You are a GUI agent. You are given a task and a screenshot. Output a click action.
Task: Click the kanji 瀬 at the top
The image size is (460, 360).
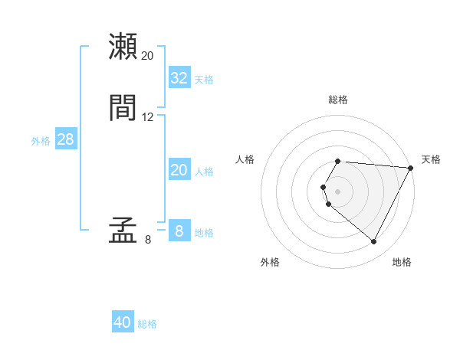[x=123, y=46]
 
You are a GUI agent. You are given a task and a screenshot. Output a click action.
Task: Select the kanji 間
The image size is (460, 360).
[x=123, y=108]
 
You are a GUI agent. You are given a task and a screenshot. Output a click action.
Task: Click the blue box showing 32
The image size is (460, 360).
[x=179, y=78]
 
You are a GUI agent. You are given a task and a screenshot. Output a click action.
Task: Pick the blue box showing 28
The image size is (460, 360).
[x=65, y=140]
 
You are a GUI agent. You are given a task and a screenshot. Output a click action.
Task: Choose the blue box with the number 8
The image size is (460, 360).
[x=179, y=231]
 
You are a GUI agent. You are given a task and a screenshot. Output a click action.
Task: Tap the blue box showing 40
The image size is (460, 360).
[x=123, y=322]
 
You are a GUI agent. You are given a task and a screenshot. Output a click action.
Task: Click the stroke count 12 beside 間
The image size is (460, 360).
[x=148, y=117]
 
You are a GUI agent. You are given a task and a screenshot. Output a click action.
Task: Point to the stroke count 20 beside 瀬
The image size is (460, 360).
[x=148, y=55]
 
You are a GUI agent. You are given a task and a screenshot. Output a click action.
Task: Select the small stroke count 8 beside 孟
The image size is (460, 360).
[x=148, y=240]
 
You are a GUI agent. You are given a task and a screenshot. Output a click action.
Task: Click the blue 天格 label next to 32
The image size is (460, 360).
[x=204, y=80]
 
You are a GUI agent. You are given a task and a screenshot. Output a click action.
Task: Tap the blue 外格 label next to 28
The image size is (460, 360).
[x=41, y=141]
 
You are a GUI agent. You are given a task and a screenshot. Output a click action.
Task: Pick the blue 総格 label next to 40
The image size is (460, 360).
[x=148, y=324]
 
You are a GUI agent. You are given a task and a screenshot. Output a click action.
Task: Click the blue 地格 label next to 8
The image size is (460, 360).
[x=204, y=233]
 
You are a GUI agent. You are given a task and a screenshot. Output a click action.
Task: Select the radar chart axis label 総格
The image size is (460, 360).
[x=338, y=100]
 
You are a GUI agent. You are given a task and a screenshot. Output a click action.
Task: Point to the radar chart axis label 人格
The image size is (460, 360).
[x=245, y=159]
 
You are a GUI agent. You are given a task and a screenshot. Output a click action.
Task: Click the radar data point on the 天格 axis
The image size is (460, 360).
[x=411, y=168]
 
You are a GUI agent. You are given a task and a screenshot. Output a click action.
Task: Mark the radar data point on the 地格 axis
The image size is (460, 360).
[x=374, y=242]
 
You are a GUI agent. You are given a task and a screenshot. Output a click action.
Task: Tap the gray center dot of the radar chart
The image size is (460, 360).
[x=338, y=191]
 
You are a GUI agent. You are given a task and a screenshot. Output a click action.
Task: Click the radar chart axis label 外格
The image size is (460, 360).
[x=270, y=262]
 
